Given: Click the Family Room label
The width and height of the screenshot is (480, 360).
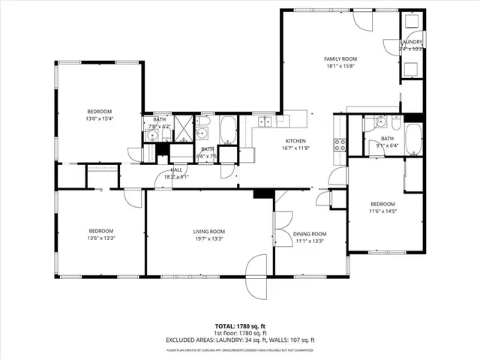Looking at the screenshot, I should [x=340, y=58].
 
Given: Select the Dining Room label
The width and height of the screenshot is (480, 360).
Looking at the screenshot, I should [x=310, y=234].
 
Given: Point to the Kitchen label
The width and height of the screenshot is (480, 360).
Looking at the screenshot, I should [x=295, y=141].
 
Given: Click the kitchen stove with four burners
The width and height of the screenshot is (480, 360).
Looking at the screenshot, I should [x=340, y=144].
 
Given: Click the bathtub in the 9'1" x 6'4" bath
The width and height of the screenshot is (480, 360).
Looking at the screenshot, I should [x=413, y=138].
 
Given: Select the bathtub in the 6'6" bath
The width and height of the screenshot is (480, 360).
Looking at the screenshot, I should [x=228, y=130].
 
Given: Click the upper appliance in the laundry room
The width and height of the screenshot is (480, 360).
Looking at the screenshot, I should [x=412, y=22].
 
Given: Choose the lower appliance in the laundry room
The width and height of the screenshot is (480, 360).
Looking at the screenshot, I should [x=412, y=69].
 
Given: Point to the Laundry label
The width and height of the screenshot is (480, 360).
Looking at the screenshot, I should [x=412, y=42].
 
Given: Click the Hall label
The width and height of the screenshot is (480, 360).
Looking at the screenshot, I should [x=177, y=170].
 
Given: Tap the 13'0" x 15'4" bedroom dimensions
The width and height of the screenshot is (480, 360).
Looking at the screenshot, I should [x=100, y=118].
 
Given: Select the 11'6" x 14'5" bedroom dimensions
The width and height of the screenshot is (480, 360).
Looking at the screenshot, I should [x=382, y=211].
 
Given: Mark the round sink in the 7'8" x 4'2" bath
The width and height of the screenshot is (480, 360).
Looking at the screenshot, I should [x=150, y=136].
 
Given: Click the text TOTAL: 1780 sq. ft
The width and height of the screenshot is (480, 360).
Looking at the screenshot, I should [x=239, y=326].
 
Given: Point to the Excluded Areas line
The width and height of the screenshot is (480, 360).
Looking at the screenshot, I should [x=239, y=340].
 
